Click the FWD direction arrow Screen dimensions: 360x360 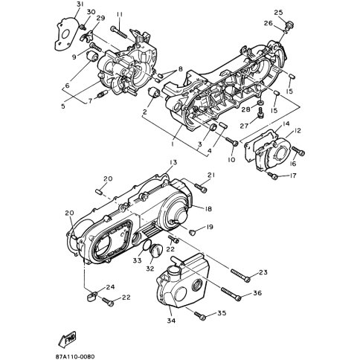point(67,339)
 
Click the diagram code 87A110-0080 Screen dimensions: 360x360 point(75,356)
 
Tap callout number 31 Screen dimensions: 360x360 point(79,4)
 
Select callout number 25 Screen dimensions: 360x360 point(278,13)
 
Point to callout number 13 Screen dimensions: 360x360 point(173,162)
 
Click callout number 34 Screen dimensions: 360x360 point(171,321)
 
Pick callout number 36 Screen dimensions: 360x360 point(257,293)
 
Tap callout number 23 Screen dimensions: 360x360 point(263,272)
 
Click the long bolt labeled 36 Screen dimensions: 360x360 point(231,294)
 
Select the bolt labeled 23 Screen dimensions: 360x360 point(240,275)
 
